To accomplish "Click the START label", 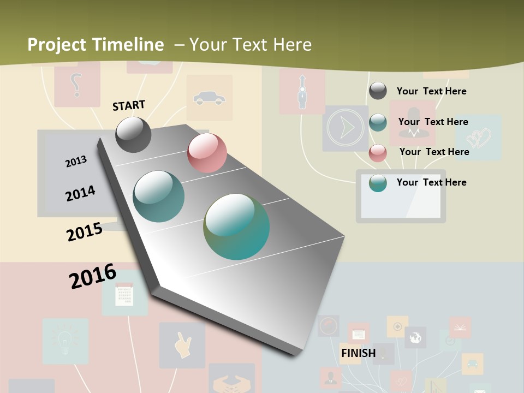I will (x=129, y=105).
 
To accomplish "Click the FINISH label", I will (x=358, y=353).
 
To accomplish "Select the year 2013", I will (x=76, y=162).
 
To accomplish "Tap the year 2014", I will (x=80, y=193).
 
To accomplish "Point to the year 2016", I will (x=93, y=276).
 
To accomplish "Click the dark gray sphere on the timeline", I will (x=134, y=134).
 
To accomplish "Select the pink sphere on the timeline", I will (x=207, y=153).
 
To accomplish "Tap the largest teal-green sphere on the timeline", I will (x=236, y=227).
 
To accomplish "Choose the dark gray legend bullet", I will (x=378, y=91).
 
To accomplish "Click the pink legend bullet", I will (x=378, y=153).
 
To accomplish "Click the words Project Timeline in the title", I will (x=96, y=45).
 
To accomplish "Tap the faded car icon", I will (x=209, y=98).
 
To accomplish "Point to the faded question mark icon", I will (x=76, y=85).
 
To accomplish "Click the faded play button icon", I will (x=345, y=128).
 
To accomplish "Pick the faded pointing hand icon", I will (x=182, y=346).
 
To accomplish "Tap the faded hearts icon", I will (x=479, y=138).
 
